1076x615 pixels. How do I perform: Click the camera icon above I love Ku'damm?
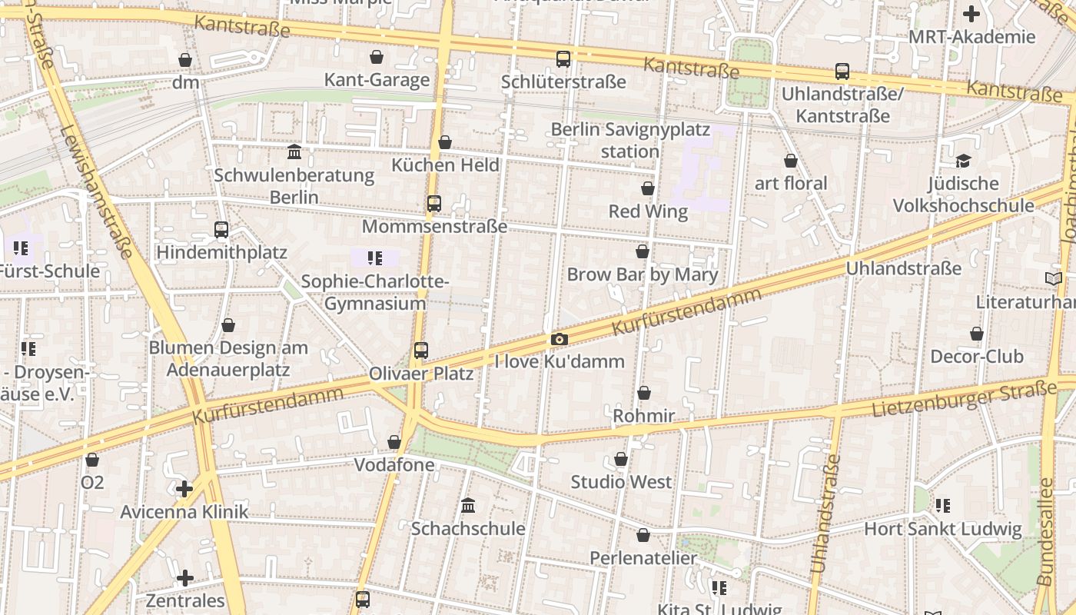[560, 340]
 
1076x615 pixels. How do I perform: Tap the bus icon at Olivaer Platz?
[420, 351]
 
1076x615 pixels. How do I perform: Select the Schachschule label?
[468, 529]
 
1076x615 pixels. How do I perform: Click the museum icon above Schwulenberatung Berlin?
[294, 152]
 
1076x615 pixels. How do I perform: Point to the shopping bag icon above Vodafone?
[394, 442]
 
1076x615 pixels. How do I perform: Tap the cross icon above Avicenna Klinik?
[184, 489]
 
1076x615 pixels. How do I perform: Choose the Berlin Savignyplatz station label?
[630, 141]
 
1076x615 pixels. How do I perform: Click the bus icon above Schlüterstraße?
[563, 59]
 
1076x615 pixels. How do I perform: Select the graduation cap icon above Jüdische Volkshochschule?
[963, 161]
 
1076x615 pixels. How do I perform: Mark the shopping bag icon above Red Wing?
[648, 188]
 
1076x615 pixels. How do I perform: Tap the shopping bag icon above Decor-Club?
[976, 334]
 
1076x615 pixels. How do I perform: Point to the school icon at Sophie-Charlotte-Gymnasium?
[374, 258]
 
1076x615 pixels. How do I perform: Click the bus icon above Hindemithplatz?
[221, 229]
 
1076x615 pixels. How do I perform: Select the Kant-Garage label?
[377, 80]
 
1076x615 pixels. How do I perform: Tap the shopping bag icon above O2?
[92, 460]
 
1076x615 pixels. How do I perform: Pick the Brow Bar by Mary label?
[643, 274]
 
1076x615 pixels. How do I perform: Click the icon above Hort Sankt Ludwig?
[943, 506]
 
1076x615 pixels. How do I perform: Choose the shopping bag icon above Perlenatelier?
[643, 535]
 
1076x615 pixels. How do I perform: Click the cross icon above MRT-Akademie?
[971, 14]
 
